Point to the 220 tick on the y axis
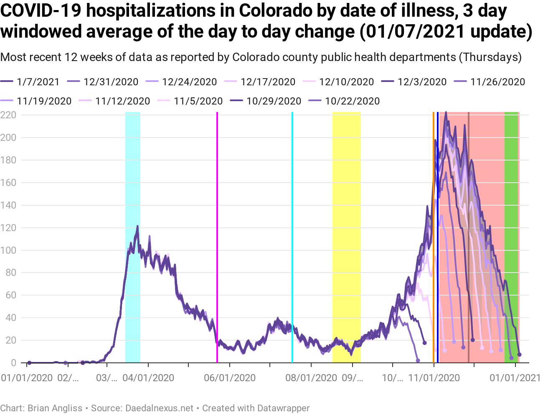[8, 115]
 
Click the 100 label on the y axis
[8, 250]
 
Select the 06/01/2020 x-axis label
[229, 378]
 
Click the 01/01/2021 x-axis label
[515, 378]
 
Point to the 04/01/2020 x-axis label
[148, 378]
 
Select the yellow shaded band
[346, 234]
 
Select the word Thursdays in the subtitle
[490, 57]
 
